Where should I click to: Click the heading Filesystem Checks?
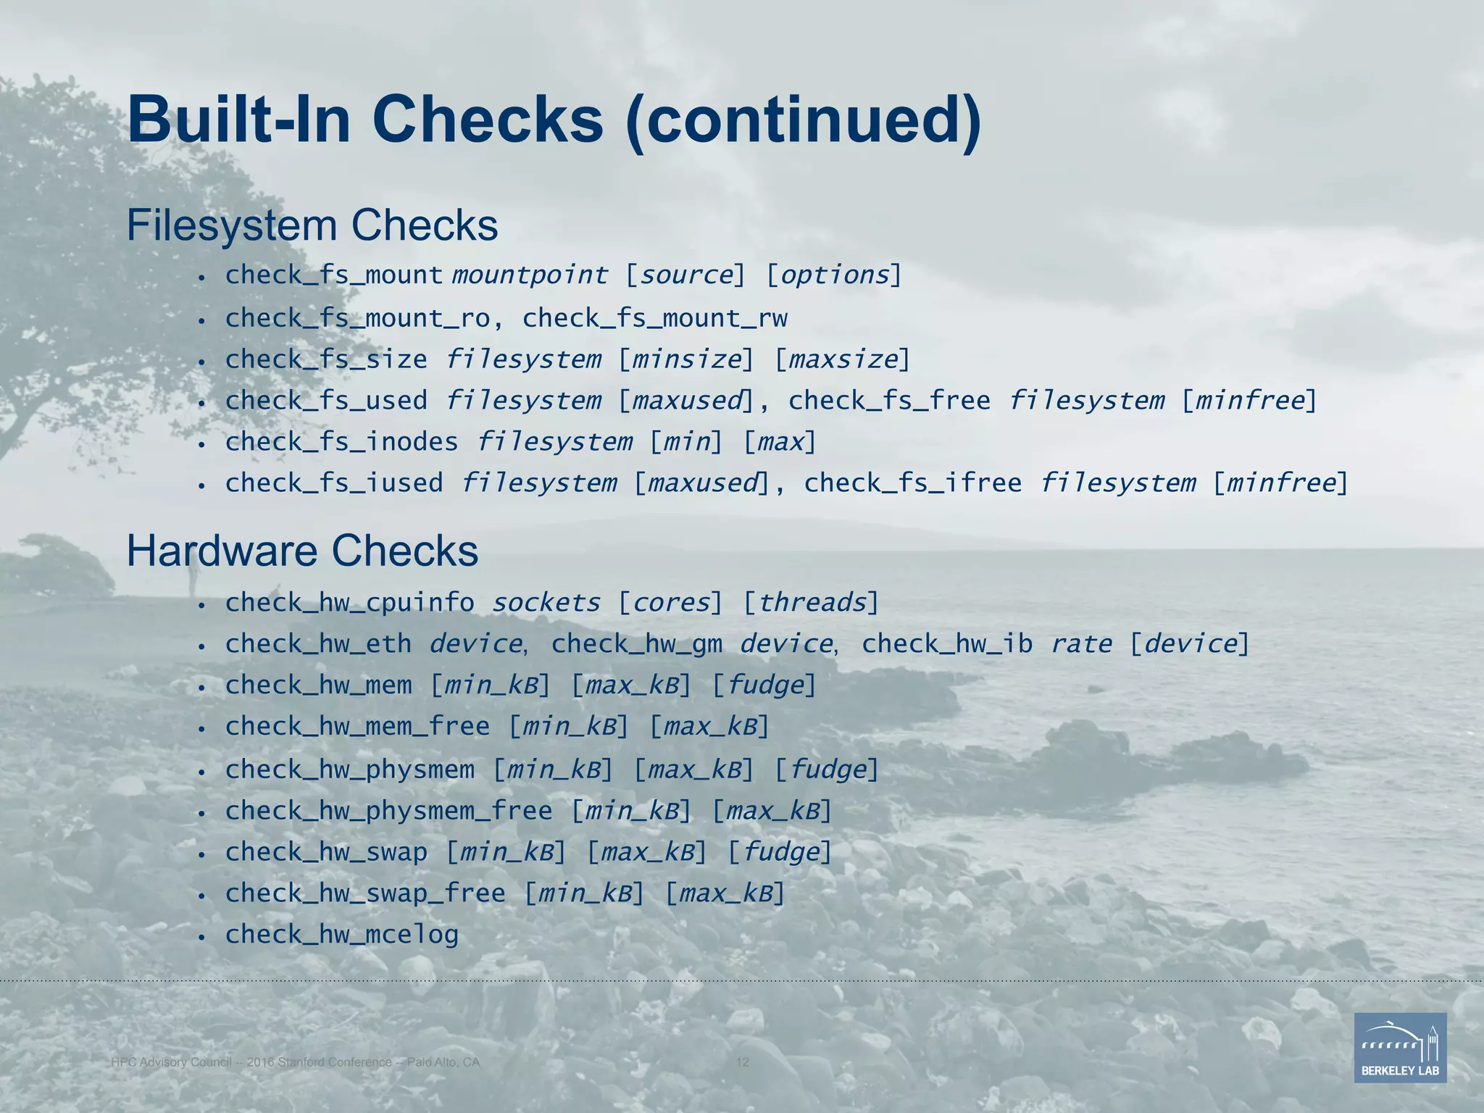pyautogui.click(x=312, y=225)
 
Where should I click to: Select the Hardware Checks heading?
pyautogui.click(x=302, y=551)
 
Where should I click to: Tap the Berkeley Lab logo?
pyautogui.click(x=1400, y=1047)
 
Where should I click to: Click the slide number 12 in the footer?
pyautogui.click(x=742, y=1062)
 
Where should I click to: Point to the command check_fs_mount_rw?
pyautogui.click(x=654, y=318)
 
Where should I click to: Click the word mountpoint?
pyautogui.click(x=530, y=275)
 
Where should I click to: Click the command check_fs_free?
pyautogui.click(x=889, y=401)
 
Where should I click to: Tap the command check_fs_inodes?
pyautogui.click(x=341, y=442)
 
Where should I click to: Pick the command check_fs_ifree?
pyautogui.click(x=912, y=483)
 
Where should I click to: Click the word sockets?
pyautogui.click(x=546, y=603)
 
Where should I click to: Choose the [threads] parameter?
pyautogui.click(x=811, y=603)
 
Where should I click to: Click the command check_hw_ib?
pyautogui.click(x=946, y=644)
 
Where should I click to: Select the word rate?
pyautogui.click(x=1081, y=644)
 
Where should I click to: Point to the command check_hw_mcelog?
pyautogui.click(x=341, y=935)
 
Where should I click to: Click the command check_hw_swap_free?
pyautogui.click(x=365, y=893)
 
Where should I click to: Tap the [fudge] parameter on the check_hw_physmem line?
pyautogui.click(x=826, y=770)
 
